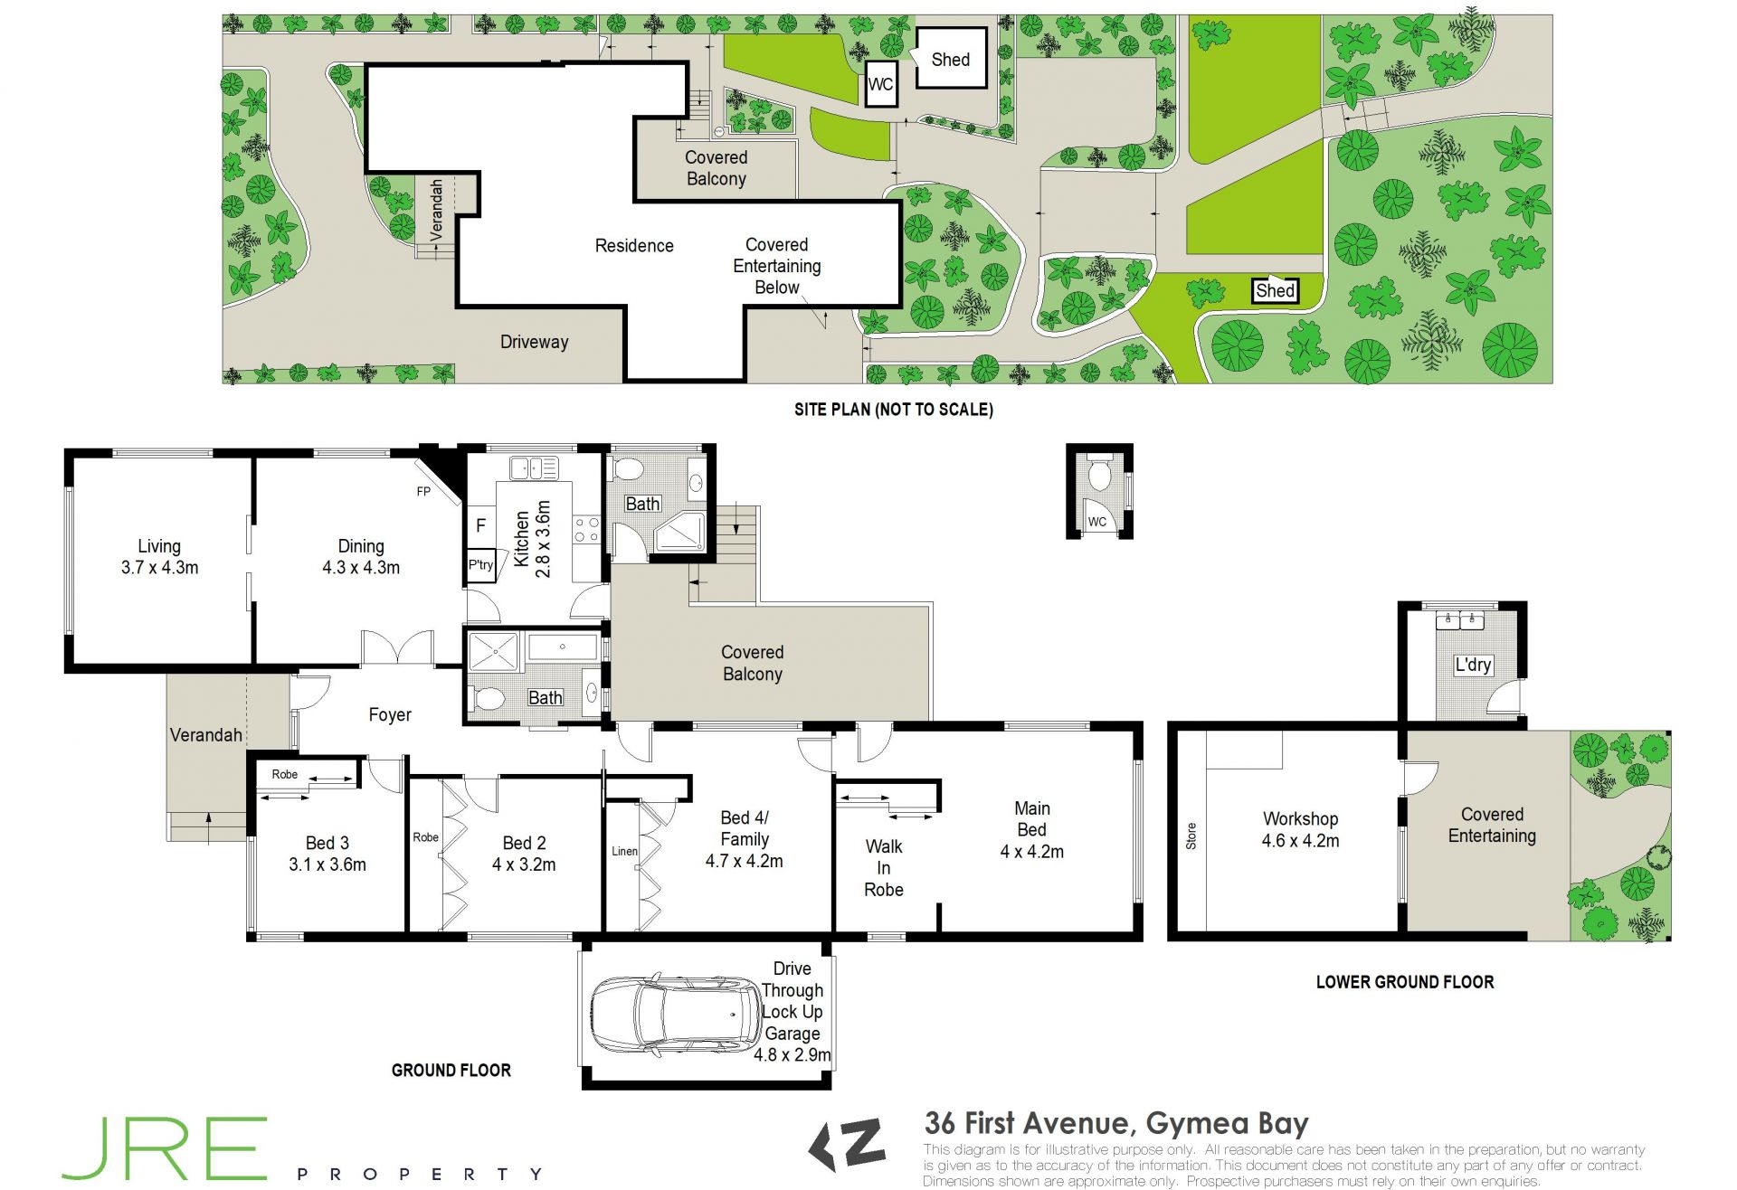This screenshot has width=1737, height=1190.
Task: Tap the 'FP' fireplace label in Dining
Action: coord(423,492)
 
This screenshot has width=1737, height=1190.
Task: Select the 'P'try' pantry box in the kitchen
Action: coord(481,565)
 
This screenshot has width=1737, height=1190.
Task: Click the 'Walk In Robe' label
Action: coord(884,868)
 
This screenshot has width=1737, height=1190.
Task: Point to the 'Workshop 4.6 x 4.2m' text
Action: coord(1300,829)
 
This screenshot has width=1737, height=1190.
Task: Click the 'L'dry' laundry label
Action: coord(1473,665)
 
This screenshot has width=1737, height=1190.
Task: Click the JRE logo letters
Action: coord(165,1148)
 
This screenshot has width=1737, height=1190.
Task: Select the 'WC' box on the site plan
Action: coord(881,84)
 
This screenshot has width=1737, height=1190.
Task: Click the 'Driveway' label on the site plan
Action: coord(535,342)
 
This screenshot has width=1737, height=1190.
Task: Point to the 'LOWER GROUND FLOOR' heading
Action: coord(1405,982)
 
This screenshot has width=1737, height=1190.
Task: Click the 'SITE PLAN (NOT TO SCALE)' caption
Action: coord(894,410)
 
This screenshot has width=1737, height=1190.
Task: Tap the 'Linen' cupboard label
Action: coord(624,851)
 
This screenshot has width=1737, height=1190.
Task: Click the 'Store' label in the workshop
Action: coord(1191,836)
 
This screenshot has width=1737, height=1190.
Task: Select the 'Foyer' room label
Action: coord(390,715)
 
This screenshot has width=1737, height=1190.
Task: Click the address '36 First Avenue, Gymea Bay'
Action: coord(1116,1123)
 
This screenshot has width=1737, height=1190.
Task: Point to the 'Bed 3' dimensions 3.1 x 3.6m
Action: coord(327,864)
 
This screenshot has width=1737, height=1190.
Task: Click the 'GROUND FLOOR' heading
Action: coord(451,1071)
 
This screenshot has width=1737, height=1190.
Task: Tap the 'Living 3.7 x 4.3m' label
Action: coord(159,557)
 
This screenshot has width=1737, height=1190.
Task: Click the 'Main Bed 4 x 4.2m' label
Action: coord(1032,830)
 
